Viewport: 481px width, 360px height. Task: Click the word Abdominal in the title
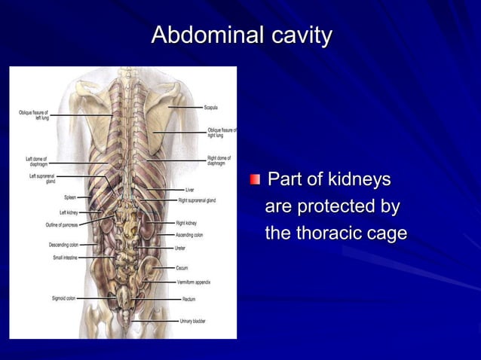point(200,35)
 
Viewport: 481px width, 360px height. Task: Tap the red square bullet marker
point(256,180)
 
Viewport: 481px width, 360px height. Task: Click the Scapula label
point(213,108)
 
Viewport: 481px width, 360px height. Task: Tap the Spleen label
point(69,197)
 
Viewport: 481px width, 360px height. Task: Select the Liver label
point(190,189)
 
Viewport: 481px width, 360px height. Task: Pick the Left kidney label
point(69,212)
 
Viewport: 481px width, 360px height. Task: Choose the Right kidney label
point(186,223)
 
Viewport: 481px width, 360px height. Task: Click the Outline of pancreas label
point(62,225)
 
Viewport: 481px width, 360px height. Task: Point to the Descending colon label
point(63,245)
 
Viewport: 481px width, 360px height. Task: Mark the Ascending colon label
point(189,235)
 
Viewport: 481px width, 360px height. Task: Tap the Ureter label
point(180,247)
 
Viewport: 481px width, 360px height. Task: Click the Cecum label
point(182,267)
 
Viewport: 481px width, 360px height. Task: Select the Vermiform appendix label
point(194,282)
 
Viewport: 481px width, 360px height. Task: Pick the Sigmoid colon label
point(63,298)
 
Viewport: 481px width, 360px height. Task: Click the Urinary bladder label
point(192,322)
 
